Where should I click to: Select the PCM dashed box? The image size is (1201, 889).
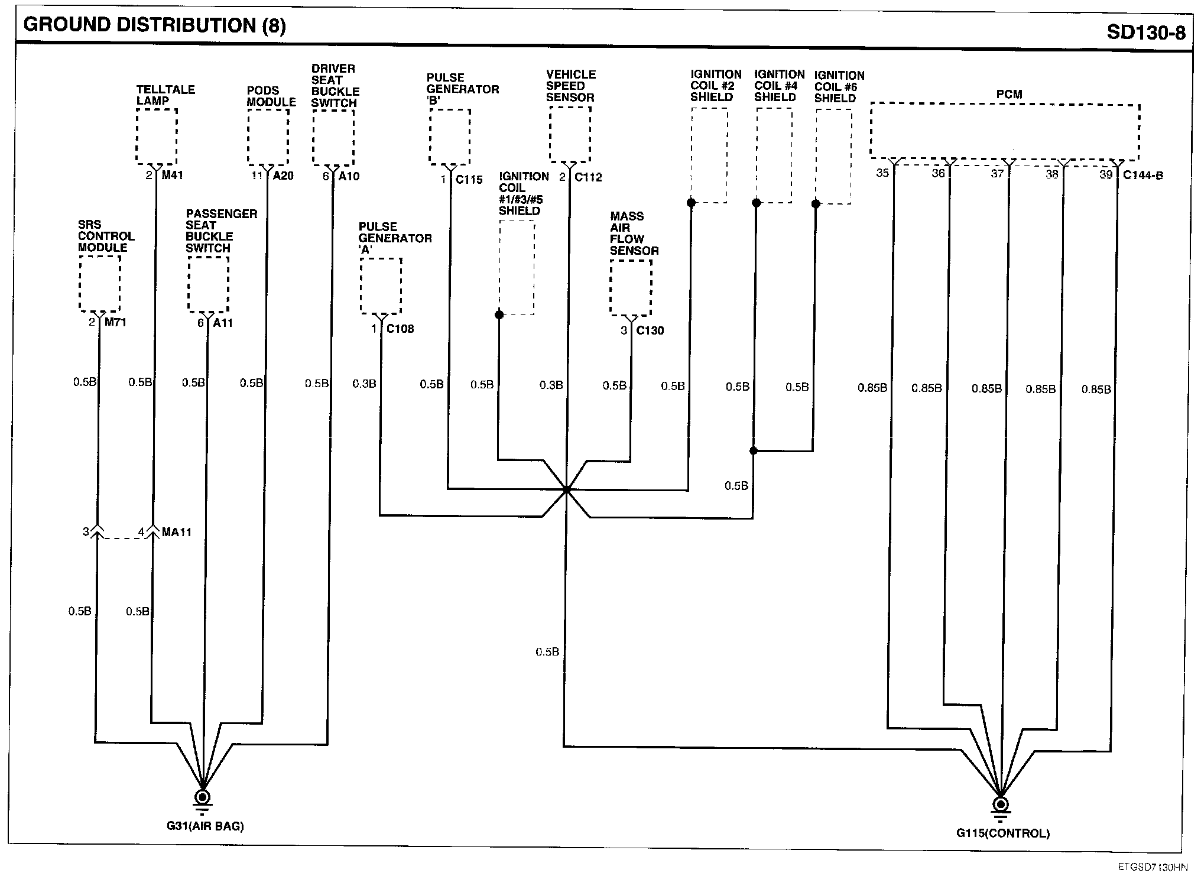click(x=1005, y=131)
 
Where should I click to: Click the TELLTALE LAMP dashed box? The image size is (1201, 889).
click(x=157, y=137)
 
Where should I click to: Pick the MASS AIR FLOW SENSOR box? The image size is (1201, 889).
click(x=631, y=288)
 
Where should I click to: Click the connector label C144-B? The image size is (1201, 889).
click(x=1143, y=175)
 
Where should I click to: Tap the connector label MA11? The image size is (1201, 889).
click(x=177, y=532)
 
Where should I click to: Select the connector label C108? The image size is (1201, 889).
click(x=400, y=329)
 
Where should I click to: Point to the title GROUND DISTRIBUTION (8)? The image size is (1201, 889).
click(x=154, y=25)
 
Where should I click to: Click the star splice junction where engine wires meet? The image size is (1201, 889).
click(x=566, y=490)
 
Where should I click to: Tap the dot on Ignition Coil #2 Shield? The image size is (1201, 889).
click(x=690, y=203)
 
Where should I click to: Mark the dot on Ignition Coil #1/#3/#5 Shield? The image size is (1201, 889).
click(x=499, y=315)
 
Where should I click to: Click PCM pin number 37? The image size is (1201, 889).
click(x=997, y=174)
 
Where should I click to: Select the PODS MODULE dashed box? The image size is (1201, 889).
click(x=268, y=137)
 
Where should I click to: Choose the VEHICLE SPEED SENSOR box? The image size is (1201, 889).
click(x=570, y=134)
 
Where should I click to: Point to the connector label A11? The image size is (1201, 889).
click(x=223, y=323)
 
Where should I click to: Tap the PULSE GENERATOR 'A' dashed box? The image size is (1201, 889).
click(x=381, y=286)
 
